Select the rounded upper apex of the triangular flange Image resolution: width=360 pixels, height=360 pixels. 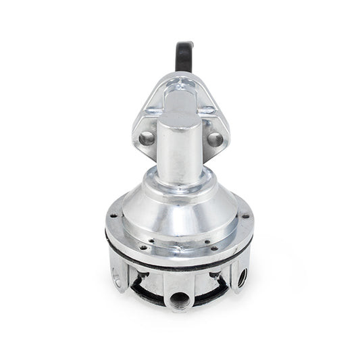[x=181, y=80]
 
